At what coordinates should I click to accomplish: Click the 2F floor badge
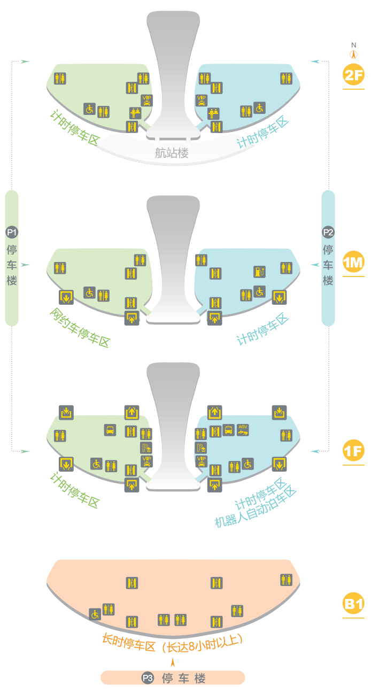(353, 75)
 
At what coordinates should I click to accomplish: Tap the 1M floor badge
(353, 263)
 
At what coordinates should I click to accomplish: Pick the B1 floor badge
(353, 605)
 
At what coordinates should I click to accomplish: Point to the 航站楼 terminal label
(172, 153)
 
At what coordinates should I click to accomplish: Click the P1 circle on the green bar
(12, 232)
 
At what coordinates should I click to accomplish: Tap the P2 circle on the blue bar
(328, 232)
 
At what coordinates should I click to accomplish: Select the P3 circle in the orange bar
(148, 678)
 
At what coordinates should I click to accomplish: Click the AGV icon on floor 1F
(244, 429)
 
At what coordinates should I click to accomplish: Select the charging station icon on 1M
(259, 272)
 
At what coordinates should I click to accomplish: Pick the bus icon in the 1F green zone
(110, 429)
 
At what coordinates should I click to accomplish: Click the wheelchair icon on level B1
(95, 614)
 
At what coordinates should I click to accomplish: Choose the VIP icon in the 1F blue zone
(202, 461)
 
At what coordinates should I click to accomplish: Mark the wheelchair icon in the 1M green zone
(90, 292)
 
